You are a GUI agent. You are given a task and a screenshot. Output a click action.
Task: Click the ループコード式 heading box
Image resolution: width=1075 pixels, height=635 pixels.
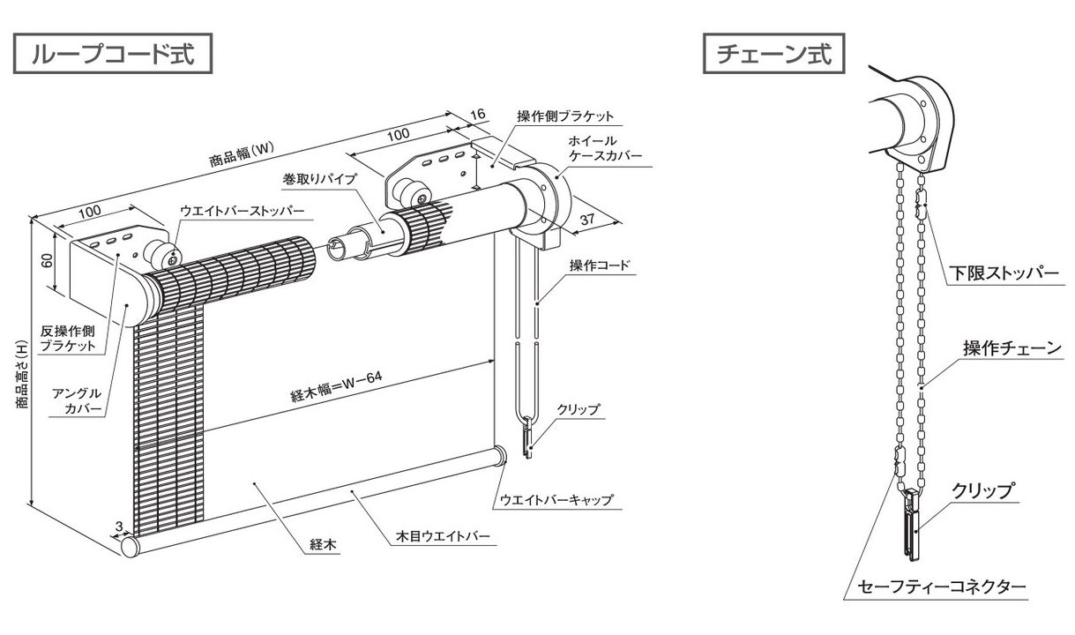[114, 55]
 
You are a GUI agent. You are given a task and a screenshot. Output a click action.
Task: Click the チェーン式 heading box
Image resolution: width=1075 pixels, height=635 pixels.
[774, 55]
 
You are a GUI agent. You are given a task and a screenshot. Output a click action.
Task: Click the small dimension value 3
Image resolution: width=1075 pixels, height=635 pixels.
[118, 527]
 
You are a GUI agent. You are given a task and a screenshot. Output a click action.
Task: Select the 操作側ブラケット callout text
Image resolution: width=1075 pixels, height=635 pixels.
[565, 116]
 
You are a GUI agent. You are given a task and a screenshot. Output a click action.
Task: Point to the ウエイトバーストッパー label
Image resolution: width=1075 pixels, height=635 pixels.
[242, 212]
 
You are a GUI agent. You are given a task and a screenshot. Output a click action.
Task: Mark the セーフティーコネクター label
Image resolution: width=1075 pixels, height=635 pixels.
[941, 586]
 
